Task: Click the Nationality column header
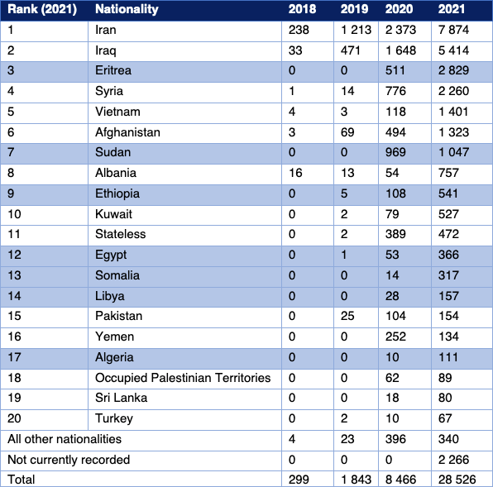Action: click(127, 9)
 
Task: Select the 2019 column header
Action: click(354, 9)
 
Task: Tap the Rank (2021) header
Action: click(42, 9)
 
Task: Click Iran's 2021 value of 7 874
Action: click(453, 30)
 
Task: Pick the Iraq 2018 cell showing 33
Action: click(295, 50)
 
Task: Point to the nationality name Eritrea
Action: click(113, 70)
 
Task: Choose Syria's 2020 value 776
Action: click(396, 91)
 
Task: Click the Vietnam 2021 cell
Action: click(453, 112)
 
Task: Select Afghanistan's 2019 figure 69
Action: click(347, 132)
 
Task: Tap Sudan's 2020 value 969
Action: click(396, 152)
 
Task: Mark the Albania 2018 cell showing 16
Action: click(295, 173)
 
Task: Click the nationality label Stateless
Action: click(121, 234)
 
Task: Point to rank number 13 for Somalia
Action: click(14, 275)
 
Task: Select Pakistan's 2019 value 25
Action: click(347, 316)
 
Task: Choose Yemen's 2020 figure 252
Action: click(396, 337)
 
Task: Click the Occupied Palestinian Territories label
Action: click(183, 378)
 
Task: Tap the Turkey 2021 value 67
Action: click(445, 418)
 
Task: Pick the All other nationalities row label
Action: click(65, 439)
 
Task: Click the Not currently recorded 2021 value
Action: click(453, 460)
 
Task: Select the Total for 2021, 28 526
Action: click(457, 480)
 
